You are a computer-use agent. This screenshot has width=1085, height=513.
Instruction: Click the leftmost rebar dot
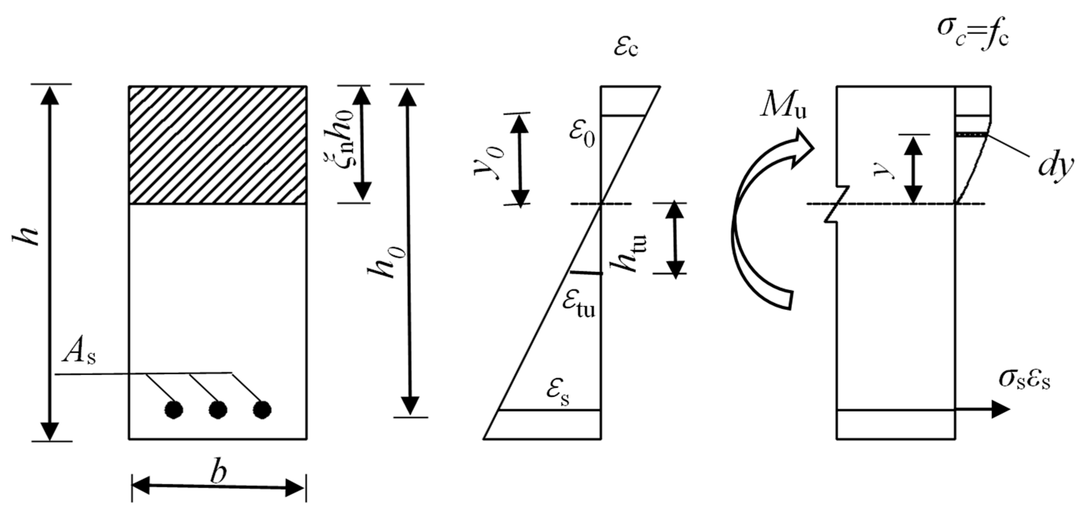173,409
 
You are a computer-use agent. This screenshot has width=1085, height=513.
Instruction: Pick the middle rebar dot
218,409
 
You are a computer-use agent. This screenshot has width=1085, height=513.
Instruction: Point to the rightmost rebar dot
262,409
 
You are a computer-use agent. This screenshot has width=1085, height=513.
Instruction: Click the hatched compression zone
217,145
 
